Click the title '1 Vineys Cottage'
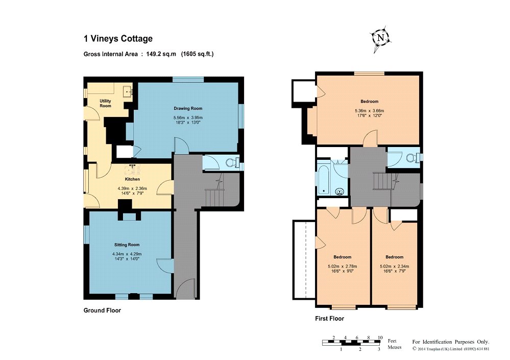118,39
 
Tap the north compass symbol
380,38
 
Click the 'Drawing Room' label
188,108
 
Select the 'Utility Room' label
105,104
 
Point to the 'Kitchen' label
132,179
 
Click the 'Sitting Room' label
127,245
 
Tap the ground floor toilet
232,162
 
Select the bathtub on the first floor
324,180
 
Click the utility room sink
127,91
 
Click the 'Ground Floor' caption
102,310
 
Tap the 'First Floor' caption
329,319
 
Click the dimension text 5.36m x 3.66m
370,111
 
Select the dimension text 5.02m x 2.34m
395,267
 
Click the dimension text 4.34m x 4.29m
127,254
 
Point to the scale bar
351,343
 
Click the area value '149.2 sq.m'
161,54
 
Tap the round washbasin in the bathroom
340,191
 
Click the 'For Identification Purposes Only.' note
451,342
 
